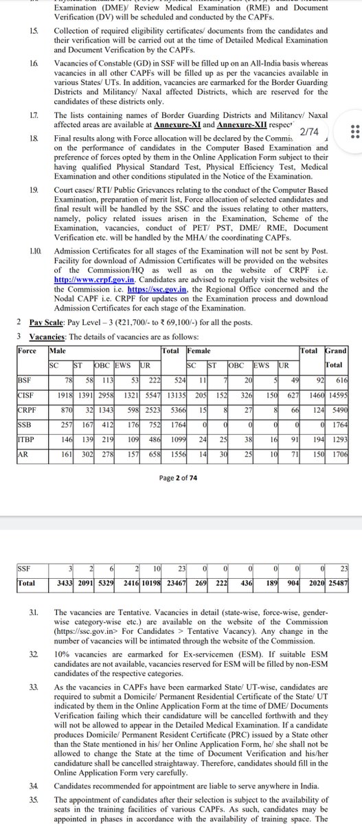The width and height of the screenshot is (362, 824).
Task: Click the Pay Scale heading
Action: click(47, 321)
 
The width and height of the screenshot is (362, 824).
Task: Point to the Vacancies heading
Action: click(48, 335)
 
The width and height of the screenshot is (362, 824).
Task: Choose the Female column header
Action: click(199, 351)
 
